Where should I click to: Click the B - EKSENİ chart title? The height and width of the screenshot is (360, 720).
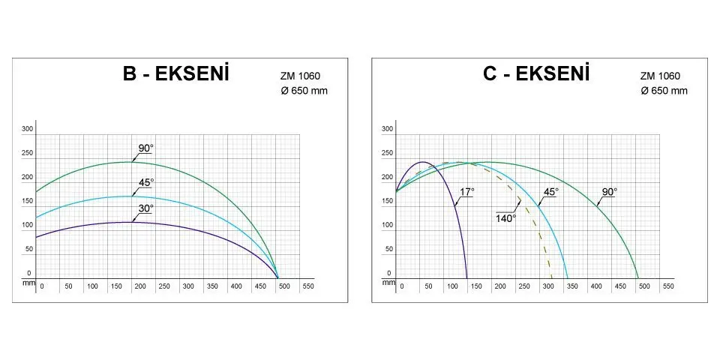tap(175, 75)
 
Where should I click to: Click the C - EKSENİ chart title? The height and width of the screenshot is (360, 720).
tap(536, 75)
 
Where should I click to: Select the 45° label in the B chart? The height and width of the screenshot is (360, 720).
tap(145, 182)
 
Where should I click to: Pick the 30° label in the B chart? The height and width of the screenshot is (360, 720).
tap(145, 208)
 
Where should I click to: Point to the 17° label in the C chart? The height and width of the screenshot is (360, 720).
tap(466, 192)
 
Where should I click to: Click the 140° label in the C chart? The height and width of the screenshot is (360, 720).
tap(505, 218)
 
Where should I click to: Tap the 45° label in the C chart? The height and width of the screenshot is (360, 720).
tap(550, 192)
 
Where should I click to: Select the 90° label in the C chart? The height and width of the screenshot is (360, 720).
tap(609, 192)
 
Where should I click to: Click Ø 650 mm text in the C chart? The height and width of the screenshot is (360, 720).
tap(664, 91)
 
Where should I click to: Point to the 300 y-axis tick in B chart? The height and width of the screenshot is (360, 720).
tap(28, 129)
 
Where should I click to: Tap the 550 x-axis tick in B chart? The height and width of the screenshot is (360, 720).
tap(308, 286)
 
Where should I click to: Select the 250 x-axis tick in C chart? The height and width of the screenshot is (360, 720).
tap(523, 286)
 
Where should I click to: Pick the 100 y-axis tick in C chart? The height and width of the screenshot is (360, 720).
tap(388, 225)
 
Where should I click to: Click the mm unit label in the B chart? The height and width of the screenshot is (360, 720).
tap(28, 283)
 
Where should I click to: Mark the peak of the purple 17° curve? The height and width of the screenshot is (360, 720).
tap(422, 162)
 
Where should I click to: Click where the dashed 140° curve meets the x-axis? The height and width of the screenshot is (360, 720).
tap(552, 278)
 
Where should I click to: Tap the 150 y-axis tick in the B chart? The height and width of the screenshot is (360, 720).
tap(28, 201)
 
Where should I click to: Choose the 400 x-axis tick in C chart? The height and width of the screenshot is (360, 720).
tap(596, 286)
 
